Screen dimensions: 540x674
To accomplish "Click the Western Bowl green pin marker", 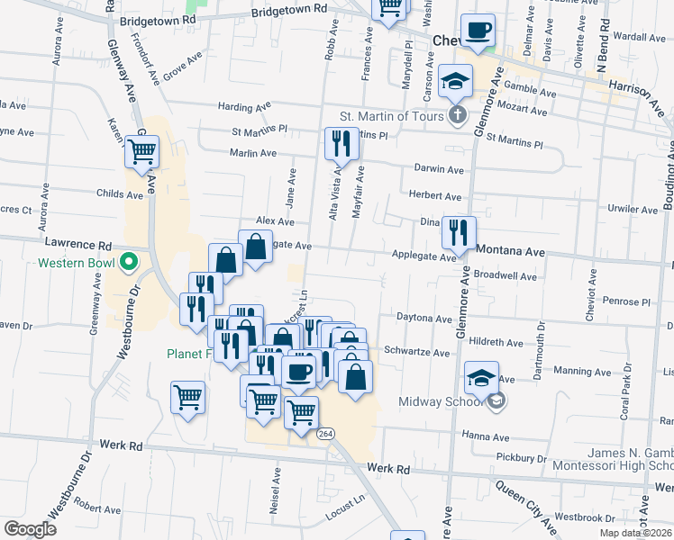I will pos(128,263).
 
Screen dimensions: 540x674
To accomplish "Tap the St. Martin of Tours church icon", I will pos(458,115).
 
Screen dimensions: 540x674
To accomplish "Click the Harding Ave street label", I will pos(244,107).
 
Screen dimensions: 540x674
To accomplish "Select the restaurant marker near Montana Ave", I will pos(460,232).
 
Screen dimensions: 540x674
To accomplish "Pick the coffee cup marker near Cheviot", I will pos(478,31).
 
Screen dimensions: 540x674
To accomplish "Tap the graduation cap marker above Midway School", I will pos(481,377).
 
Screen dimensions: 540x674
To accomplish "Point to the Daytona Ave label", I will pos(424,318).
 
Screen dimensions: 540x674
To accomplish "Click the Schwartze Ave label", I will pos(415,352).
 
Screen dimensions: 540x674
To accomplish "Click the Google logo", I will pos(30,528).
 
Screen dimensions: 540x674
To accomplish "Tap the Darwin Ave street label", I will pos(439,168).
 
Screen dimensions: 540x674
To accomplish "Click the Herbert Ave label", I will pos(434,196).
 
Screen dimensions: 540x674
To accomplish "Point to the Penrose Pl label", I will pos(626,301).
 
